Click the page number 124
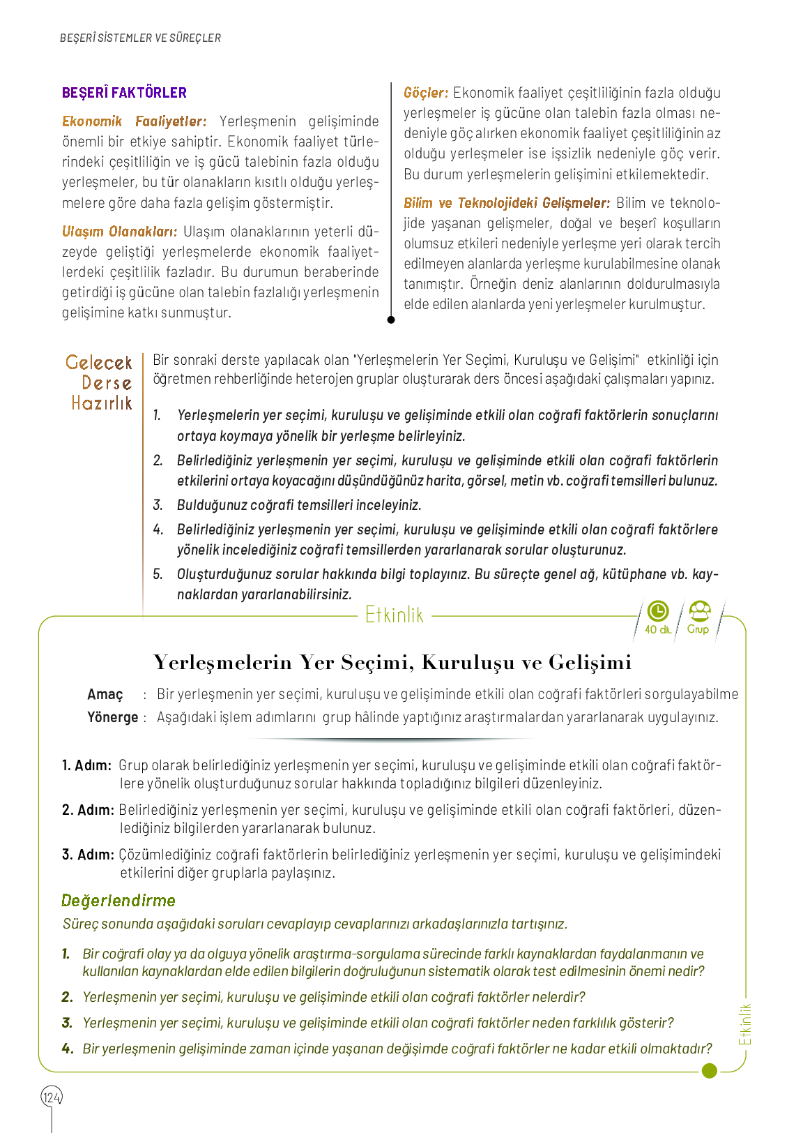pos(52,1097)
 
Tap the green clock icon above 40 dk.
pos(658,611)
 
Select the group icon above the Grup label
pos(699,611)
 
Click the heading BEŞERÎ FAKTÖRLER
pos(124,93)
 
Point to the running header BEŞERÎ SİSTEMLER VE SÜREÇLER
pos(140,38)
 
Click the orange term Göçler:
pos(425,93)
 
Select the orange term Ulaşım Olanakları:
pos(119,232)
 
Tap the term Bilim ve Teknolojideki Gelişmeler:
pos(507,203)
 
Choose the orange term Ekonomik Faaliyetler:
pos(134,121)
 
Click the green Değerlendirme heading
pos(118,901)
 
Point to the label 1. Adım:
pos(86,765)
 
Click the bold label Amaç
pos(105,694)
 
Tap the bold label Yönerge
pos(112,717)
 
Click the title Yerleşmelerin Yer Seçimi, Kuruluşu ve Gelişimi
pos(392,662)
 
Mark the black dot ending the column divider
pos(391,320)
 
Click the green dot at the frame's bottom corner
pos(710,1070)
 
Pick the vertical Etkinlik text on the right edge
pos(746,1024)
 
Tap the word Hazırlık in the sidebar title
pos(102,403)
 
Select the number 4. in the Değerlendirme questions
pos(68,1049)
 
